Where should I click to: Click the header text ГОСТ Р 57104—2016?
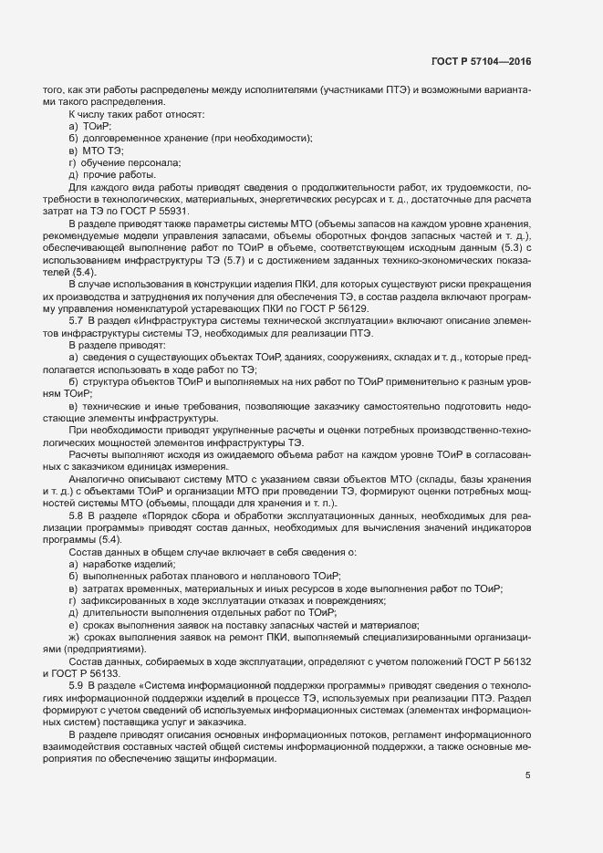point(481,62)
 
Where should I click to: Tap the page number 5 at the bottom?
point(527,775)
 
